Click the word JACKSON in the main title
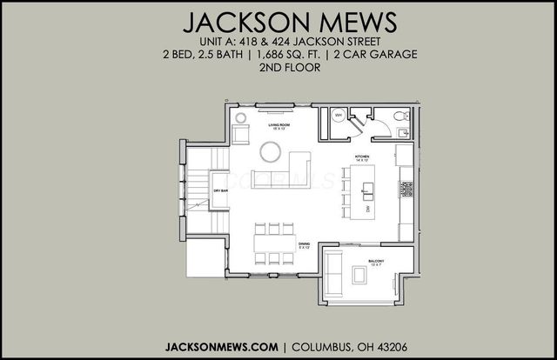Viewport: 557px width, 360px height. [x=232, y=20]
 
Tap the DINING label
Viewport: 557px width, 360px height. [x=304, y=245]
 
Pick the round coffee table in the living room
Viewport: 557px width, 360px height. [x=271, y=153]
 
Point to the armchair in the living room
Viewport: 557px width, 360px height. [x=240, y=135]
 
